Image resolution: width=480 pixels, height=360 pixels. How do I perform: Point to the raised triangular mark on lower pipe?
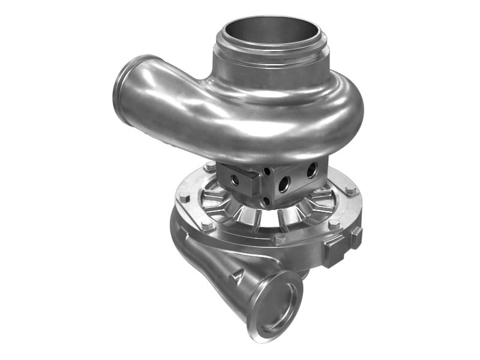point(238,277)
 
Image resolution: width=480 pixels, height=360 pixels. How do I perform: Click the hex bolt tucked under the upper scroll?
point(211,166)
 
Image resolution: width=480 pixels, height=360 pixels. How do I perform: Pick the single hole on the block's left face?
point(235,180)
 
